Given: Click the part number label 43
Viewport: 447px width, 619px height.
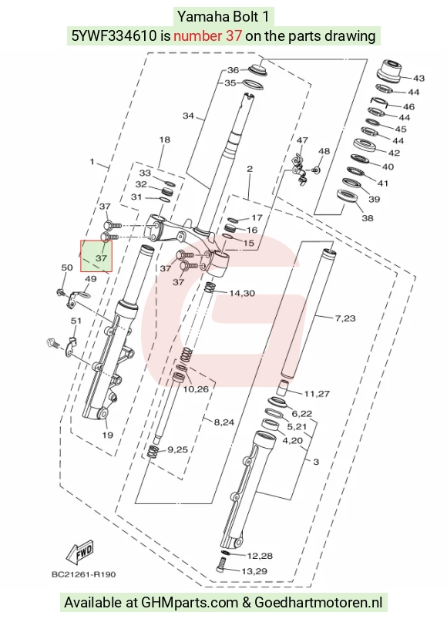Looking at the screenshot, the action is coord(418,78).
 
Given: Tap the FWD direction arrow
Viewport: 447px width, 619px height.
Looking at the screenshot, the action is coord(79,552).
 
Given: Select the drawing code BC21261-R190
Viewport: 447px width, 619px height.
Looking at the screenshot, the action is coord(84,574).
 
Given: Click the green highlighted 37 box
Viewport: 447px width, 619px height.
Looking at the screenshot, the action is coord(96,257).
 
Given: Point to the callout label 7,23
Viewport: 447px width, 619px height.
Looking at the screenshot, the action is coord(345,318).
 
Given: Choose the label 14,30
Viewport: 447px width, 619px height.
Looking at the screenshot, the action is coord(242,294).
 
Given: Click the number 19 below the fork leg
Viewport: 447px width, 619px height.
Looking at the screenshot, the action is coord(108,435).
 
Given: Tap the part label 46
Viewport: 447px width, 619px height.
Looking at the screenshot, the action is coord(408,106).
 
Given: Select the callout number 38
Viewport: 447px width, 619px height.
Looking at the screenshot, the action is coord(368,218).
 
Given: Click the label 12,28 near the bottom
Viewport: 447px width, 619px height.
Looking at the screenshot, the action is coord(260,556).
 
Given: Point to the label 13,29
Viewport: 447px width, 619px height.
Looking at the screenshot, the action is coord(254,571).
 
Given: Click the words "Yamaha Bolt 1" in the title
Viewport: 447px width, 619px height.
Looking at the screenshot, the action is coord(223,17).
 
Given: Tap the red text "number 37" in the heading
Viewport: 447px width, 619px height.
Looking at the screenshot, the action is coord(207,36).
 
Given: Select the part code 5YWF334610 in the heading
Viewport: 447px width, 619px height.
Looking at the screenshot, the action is coord(114,36).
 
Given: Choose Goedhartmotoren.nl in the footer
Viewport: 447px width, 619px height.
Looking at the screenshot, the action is coord(318,603).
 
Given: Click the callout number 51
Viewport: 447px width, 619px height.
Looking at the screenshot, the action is coord(76,321).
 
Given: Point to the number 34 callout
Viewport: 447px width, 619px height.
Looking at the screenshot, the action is coord(188,116).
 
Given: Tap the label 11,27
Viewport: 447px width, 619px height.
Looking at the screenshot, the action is coord(317,394).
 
